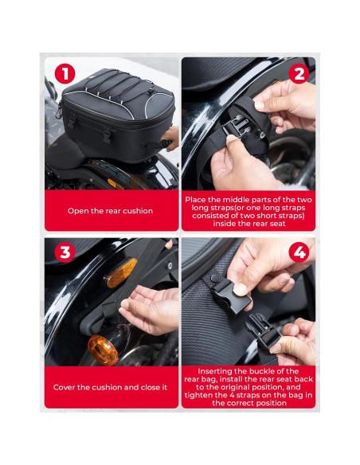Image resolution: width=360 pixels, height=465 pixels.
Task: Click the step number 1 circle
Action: pyautogui.click(x=65, y=74)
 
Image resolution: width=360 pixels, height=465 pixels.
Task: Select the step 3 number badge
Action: pyautogui.click(x=65, y=254)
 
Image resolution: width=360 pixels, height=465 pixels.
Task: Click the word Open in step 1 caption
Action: pyautogui.click(x=80, y=211)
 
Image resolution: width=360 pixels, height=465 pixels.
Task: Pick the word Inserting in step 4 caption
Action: pyautogui.click(x=211, y=372)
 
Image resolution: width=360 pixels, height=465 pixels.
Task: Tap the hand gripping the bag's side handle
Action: pyautogui.click(x=169, y=139)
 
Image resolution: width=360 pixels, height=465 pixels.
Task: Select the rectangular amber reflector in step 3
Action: pyautogui.click(x=116, y=278)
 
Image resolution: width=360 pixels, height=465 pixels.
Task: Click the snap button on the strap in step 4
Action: pyautogui.click(x=214, y=278)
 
